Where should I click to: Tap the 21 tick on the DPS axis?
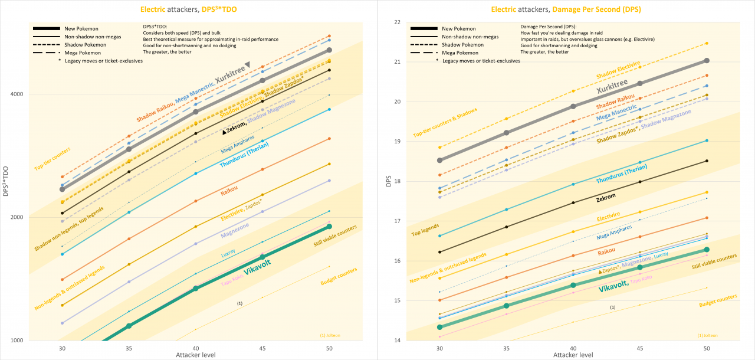396,62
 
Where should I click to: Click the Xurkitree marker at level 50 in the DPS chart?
707,60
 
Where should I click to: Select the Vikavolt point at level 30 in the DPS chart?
439,327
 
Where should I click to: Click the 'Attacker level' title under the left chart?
195,355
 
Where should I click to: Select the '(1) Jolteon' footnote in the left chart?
330,335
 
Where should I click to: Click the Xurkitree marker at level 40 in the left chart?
196,112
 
